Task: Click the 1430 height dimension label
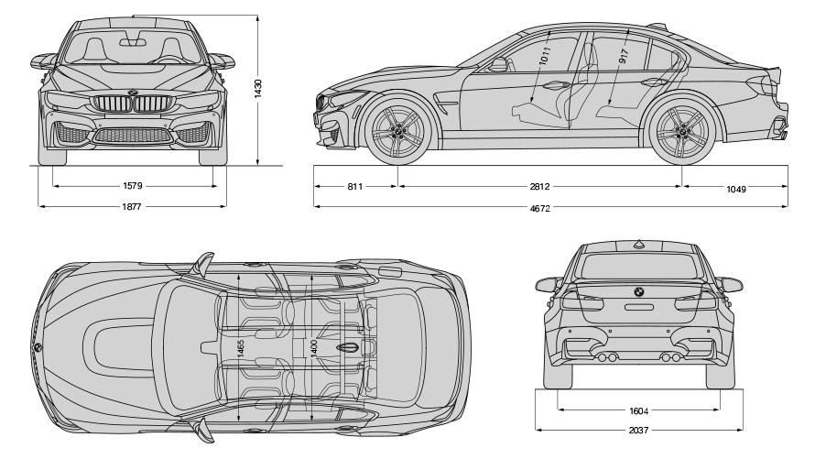click(x=259, y=89)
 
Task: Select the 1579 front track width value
click(x=133, y=185)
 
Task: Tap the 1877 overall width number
click(x=133, y=207)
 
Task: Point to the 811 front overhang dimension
click(x=355, y=187)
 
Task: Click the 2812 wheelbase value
click(x=540, y=187)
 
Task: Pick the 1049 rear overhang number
click(x=735, y=189)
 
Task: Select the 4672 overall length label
click(x=540, y=208)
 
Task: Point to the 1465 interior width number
click(x=240, y=349)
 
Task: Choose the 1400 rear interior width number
click(x=313, y=348)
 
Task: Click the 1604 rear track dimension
click(x=638, y=410)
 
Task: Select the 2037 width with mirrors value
click(x=638, y=430)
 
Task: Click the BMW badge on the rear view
click(x=638, y=292)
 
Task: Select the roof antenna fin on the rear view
click(x=638, y=244)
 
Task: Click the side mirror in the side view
click(x=499, y=64)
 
